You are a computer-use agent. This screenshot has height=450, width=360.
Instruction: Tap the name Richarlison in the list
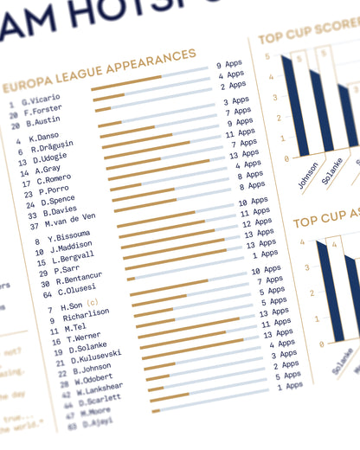point(86,316)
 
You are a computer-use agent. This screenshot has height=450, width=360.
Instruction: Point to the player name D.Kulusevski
point(96,353)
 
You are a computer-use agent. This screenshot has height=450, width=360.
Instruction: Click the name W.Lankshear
point(99,387)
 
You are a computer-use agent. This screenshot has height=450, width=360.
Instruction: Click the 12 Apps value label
point(255,222)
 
